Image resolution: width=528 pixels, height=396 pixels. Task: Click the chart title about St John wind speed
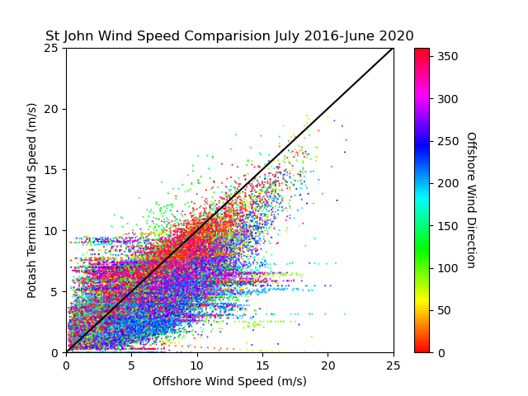(229, 35)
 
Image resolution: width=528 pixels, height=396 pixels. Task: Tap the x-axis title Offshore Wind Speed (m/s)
(229, 381)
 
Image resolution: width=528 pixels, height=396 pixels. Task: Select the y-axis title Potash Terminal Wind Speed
(31, 200)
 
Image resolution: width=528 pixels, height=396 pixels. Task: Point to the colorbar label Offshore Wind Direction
(471, 200)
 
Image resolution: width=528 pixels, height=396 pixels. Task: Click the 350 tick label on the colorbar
(448, 56)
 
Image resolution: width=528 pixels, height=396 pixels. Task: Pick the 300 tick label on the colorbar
(448, 99)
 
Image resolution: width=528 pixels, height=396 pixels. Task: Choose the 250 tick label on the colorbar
(448, 141)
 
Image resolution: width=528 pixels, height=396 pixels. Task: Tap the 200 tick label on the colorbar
(448, 183)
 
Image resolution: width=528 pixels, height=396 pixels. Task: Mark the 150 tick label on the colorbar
(448, 226)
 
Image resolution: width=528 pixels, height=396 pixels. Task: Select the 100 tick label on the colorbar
(448, 268)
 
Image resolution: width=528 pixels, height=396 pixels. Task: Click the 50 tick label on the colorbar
(445, 310)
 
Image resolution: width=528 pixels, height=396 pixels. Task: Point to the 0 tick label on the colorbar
(441, 353)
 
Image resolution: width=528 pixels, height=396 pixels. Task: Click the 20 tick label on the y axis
(51, 109)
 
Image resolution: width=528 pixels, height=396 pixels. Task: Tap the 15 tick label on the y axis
(51, 170)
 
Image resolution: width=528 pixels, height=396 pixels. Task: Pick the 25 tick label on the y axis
(51, 48)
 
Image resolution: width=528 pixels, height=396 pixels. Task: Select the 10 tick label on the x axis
(197, 365)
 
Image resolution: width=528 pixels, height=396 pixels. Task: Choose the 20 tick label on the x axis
(328, 365)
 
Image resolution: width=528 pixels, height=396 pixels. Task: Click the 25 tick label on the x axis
(394, 365)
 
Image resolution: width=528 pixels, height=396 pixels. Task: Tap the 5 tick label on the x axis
(132, 365)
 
